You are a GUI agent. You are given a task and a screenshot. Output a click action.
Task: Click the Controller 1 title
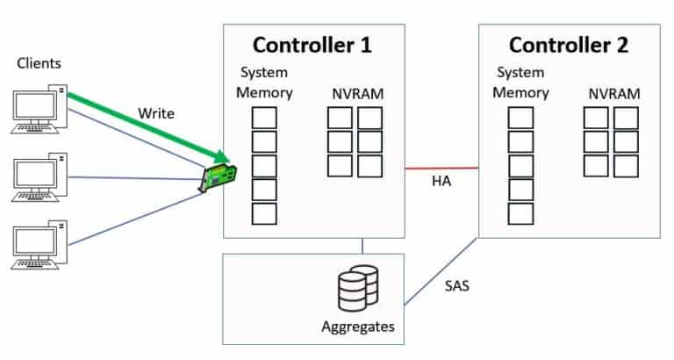(x=313, y=45)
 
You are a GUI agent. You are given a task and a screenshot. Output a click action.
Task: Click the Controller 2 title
(x=570, y=45)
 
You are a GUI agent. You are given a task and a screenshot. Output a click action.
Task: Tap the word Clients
(x=38, y=62)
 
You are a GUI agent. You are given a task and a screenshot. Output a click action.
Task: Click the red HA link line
(x=441, y=166)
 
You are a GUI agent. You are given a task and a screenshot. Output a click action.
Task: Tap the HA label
(x=441, y=182)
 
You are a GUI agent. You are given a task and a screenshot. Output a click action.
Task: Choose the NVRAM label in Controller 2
(x=613, y=93)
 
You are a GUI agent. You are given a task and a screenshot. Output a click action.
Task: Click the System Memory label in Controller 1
(x=264, y=82)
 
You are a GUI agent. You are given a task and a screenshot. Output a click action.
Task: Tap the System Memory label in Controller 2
(x=521, y=82)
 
